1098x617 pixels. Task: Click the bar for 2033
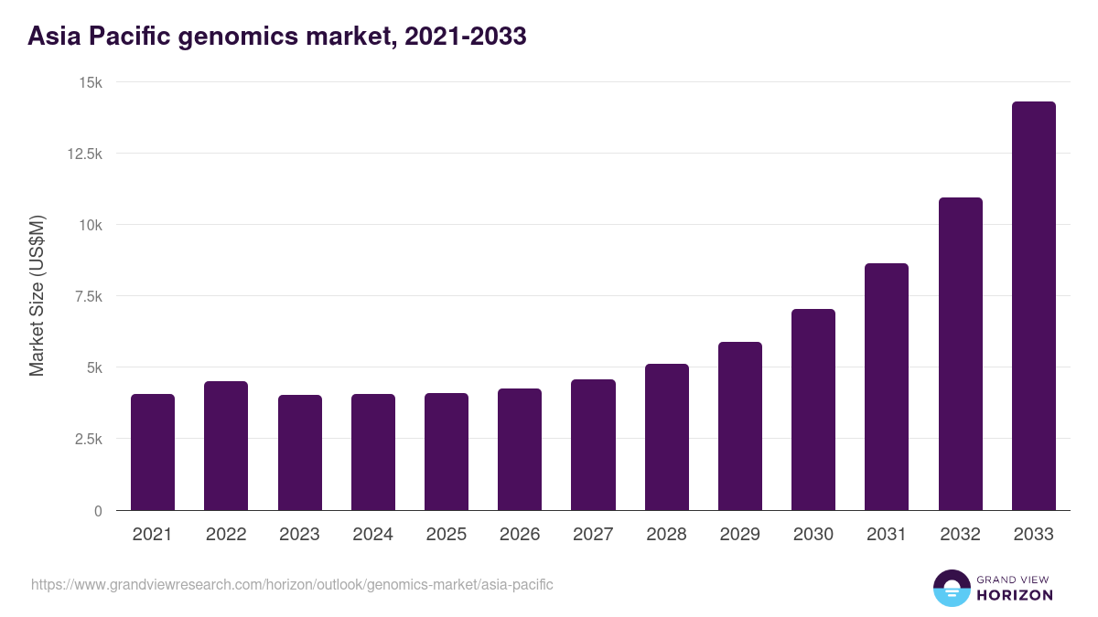tap(1033, 306)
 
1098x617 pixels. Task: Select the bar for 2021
tap(153, 452)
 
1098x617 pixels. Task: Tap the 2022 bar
tap(226, 446)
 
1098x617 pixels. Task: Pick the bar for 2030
tap(813, 410)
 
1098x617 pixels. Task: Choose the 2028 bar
tap(666, 437)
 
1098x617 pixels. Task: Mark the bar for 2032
tap(960, 354)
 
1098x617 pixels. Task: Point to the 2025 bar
tap(447, 452)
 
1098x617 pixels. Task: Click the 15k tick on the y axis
tap(90, 82)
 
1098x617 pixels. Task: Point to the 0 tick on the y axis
tap(97, 510)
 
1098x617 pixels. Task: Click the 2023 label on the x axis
tap(299, 535)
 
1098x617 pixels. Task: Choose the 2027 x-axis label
tap(593, 535)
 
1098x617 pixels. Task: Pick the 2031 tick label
tap(887, 535)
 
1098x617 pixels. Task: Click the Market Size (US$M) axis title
tap(37, 296)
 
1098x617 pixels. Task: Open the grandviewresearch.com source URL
tap(292, 584)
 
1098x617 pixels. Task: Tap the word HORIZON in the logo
tap(1015, 595)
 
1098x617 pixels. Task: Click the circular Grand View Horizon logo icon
tap(952, 588)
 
